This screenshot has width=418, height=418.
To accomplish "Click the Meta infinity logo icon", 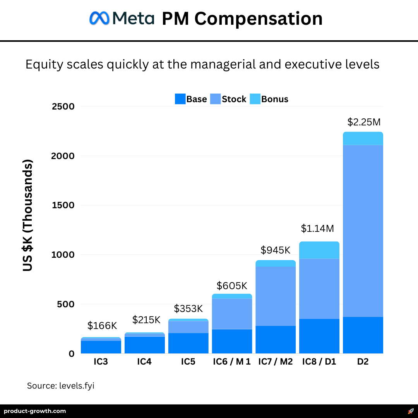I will coord(100,18).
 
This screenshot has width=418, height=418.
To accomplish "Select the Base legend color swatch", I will coord(180,99).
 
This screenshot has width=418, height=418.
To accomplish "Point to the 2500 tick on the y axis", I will coord(63,106).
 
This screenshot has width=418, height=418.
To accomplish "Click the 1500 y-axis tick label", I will coord(63,205).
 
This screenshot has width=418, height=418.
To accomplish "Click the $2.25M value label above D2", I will coord(364,122).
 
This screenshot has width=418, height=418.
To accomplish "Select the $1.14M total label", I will coord(317,228).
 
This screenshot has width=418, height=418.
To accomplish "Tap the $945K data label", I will coord(275,250).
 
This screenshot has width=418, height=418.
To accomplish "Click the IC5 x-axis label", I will coord(188,362).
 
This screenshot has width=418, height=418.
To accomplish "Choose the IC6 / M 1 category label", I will coord(232,362).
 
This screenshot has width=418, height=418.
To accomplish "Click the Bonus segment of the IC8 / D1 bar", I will coord(319,250).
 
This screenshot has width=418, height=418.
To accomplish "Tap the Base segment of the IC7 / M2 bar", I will coord(276,339).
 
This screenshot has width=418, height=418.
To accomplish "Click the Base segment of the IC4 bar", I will coord(144,345).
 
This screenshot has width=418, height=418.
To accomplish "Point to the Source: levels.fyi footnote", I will coord(61,386).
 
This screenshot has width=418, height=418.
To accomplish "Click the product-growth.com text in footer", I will coord(35,411).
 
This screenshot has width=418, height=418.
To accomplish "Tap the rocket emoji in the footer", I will coord(411,411).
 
